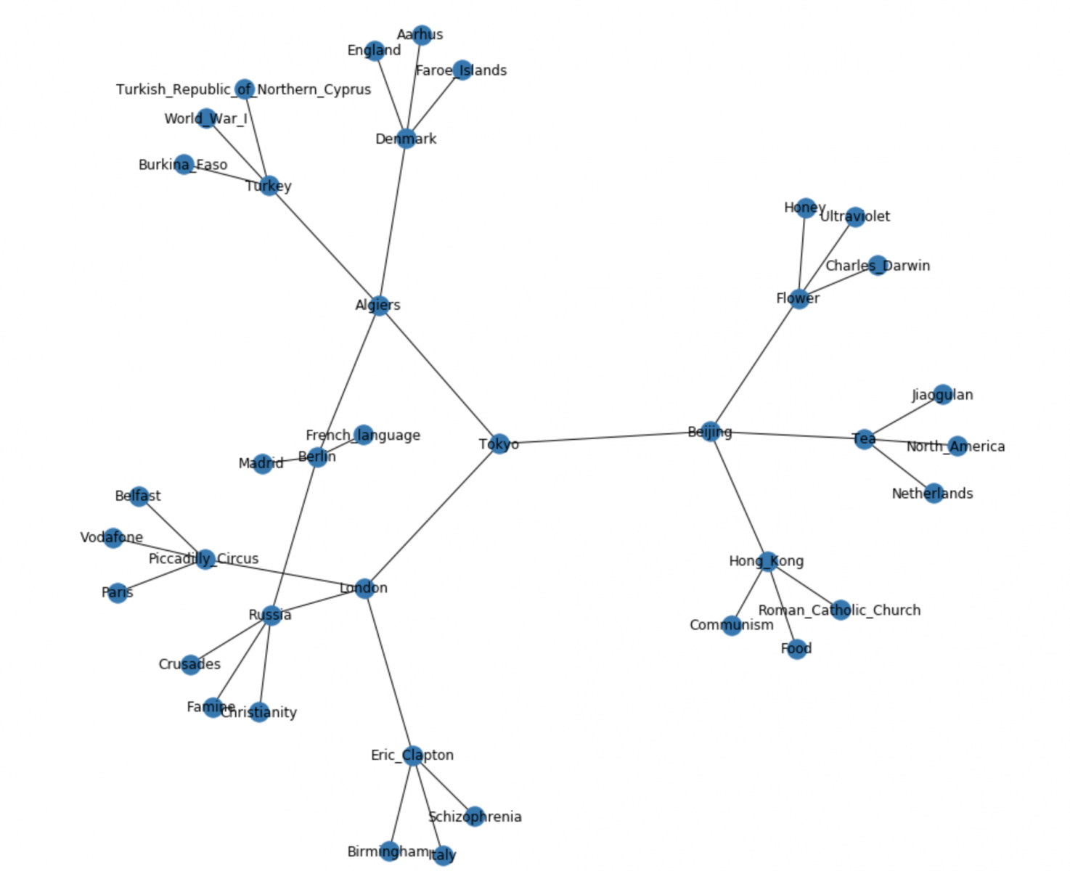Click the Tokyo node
click(x=499, y=443)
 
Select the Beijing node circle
click(x=711, y=431)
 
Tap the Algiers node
click(x=379, y=305)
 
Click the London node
click(x=364, y=588)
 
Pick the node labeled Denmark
click(x=407, y=138)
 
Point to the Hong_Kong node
click(x=767, y=560)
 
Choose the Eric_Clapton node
click(x=412, y=755)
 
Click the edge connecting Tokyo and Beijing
click(x=605, y=438)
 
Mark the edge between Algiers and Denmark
click(x=393, y=221)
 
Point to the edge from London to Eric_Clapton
click(x=388, y=671)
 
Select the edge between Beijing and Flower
click(x=755, y=364)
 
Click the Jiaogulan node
click(x=942, y=394)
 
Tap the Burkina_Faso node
click(x=184, y=164)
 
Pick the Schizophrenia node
click(x=474, y=816)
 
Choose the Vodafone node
click(x=113, y=538)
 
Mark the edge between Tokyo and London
click(x=432, y=515)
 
